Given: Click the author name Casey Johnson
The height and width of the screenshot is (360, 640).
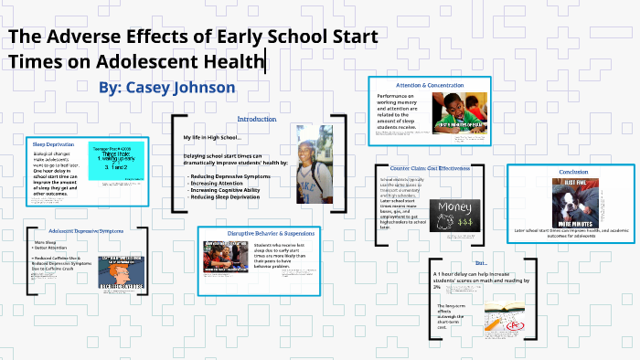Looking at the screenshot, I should coord(167,87).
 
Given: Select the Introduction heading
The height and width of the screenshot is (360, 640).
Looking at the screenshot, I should coord(256,120).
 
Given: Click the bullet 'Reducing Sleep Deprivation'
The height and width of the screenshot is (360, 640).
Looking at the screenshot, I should coord(225,197).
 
